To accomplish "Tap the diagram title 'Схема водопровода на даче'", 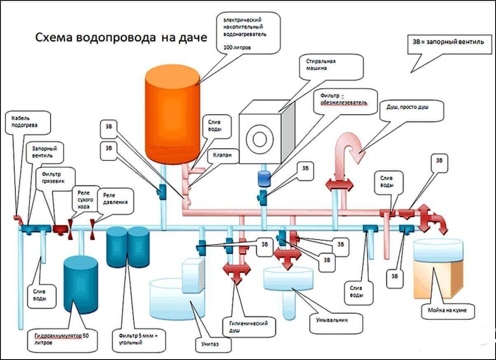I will (121, 38).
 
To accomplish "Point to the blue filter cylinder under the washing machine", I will (263, 178).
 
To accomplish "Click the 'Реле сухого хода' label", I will (84, 199).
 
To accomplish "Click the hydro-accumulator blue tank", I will (80, 284).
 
